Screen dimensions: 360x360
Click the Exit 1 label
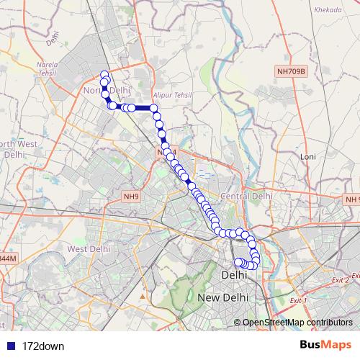297,299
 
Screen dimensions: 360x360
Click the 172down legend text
44,346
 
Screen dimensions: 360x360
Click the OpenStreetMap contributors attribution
297,322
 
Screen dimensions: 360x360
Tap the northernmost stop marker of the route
104,73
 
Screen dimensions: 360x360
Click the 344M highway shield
6,258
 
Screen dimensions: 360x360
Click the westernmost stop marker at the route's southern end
238,261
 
